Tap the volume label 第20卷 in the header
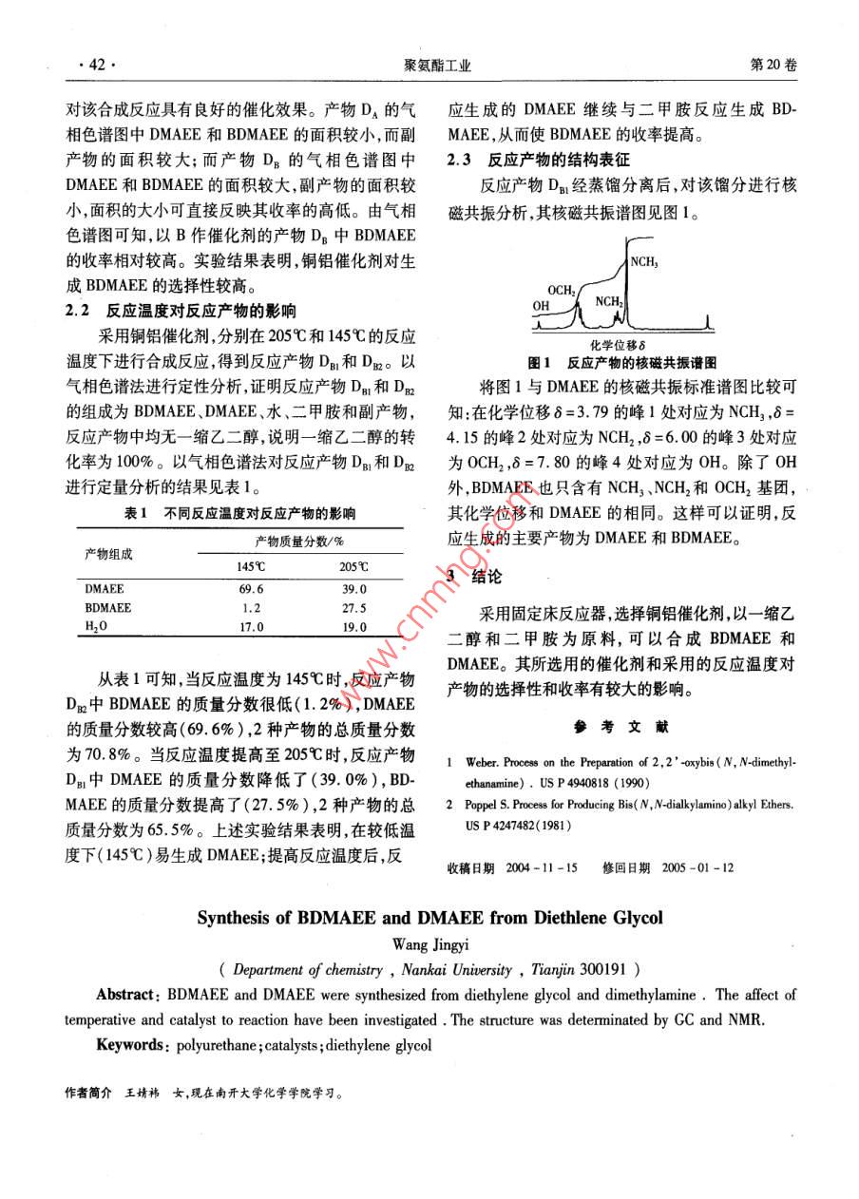coord(773,65)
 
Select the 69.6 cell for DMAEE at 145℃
coord(252,589)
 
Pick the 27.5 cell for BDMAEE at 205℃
coord(353,608)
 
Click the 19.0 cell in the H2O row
coord(353,627)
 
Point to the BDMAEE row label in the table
coord(107,608)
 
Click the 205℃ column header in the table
coord(353,568)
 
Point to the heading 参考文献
coord(621,728)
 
